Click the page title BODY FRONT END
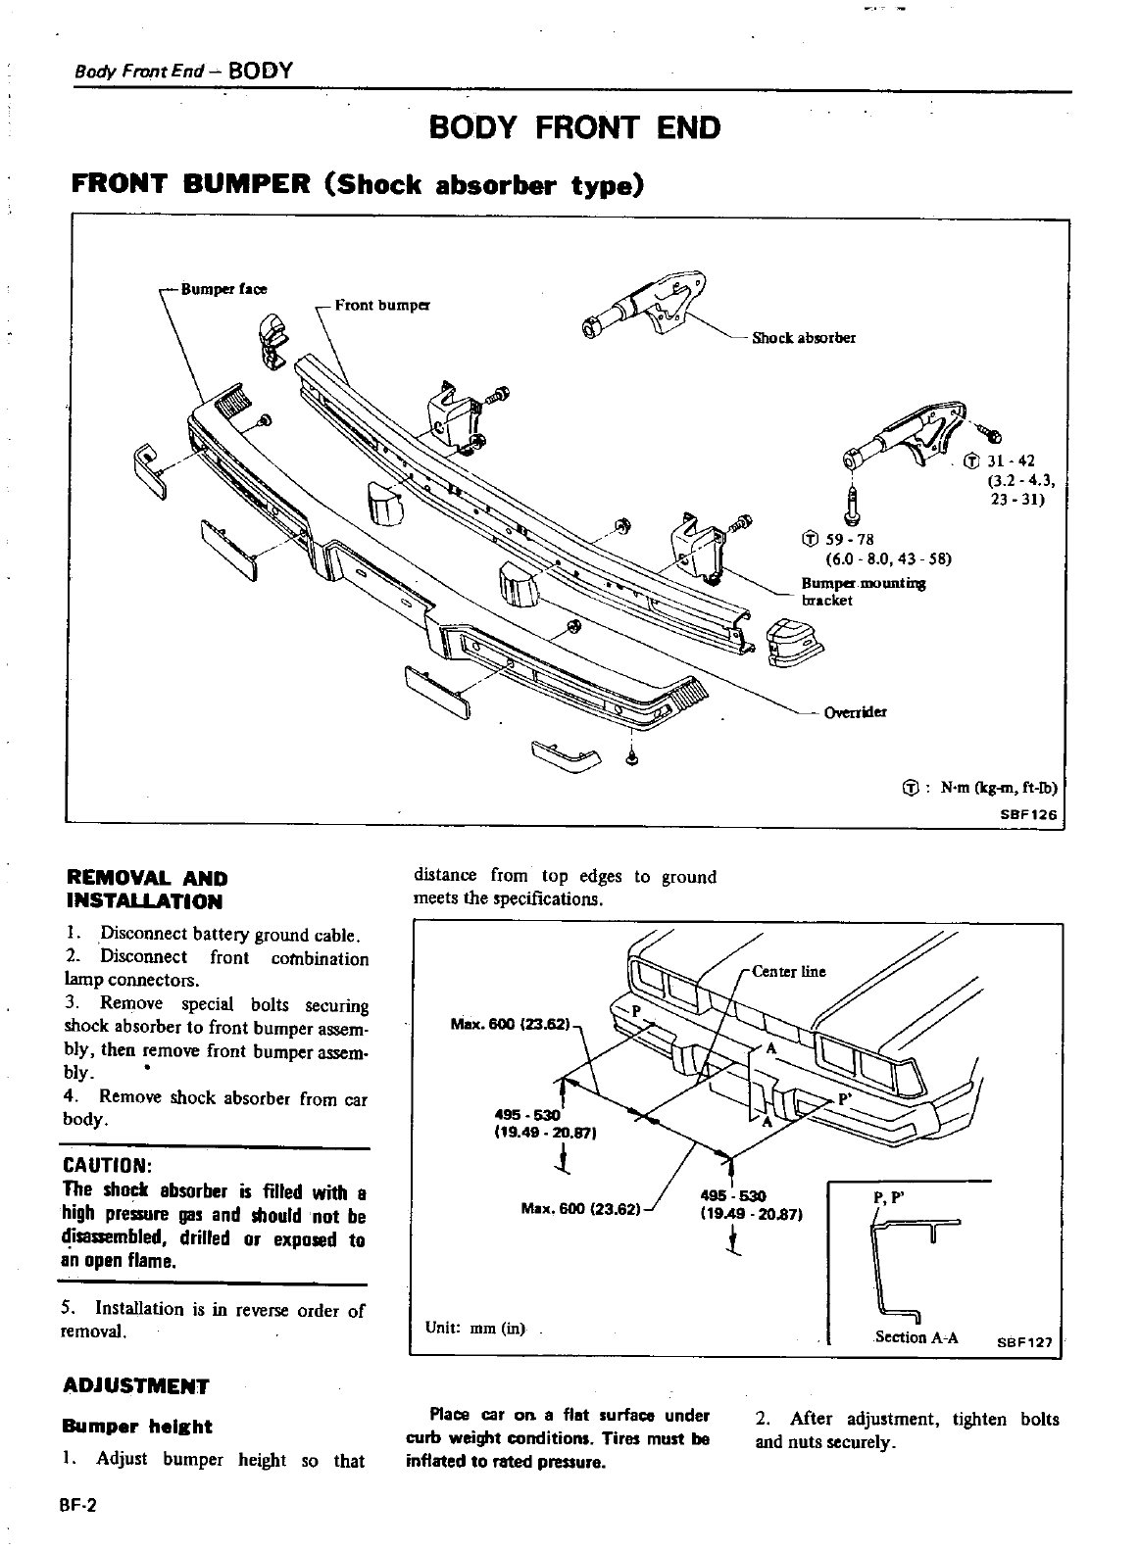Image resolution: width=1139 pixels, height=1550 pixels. pos(574,128)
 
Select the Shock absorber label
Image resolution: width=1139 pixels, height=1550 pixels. pos(803,338)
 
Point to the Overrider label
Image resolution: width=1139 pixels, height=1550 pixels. pos(855,712)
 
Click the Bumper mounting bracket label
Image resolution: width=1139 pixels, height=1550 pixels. pos(863,592)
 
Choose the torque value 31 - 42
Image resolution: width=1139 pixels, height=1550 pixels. pos(1007,461)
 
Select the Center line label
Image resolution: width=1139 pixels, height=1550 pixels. pos(788,972)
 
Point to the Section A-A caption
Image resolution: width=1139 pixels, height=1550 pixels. pos(916,1337)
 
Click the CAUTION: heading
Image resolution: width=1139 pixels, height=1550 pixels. pos(107,1166)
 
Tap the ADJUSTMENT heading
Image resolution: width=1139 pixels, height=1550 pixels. pos(135,1386)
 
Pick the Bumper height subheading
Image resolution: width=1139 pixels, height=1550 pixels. pos(136,1427)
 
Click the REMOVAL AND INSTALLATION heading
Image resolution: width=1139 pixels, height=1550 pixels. pos(144,890)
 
